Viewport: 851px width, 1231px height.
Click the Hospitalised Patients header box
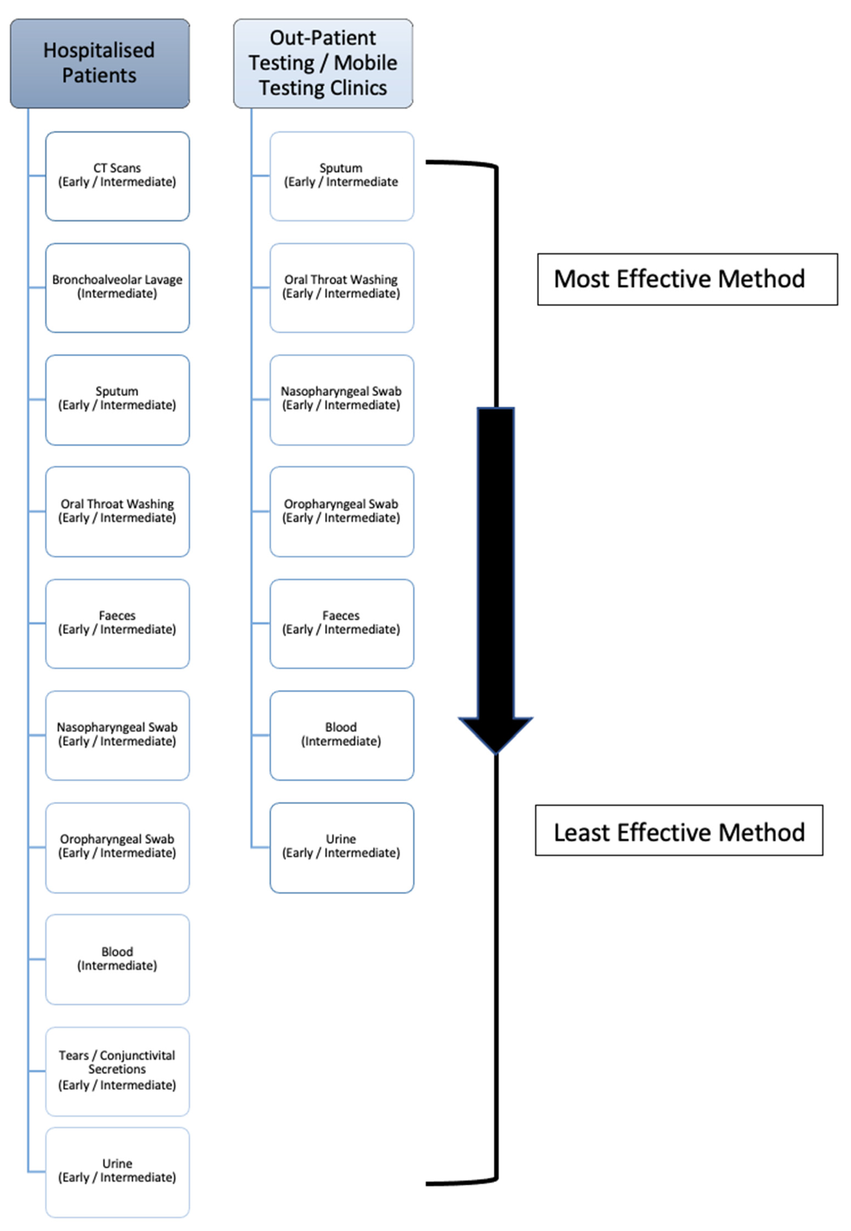click(100, 63)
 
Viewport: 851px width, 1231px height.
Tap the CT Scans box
click(117, 176)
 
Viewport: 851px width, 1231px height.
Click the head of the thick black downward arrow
click(495, 733)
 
